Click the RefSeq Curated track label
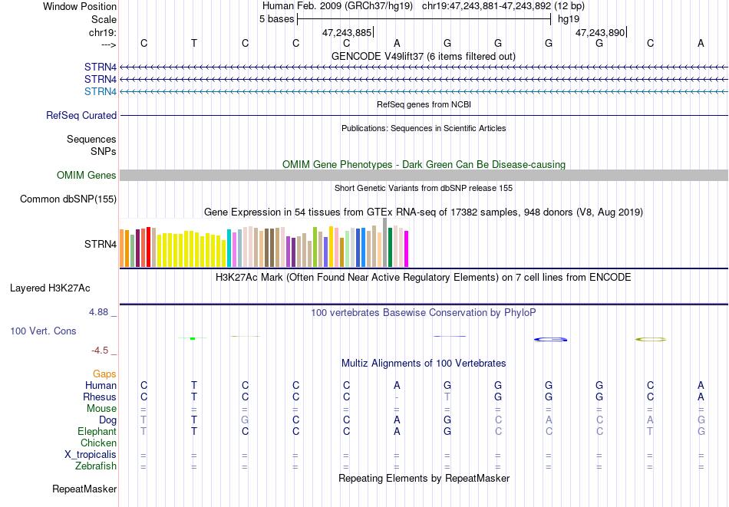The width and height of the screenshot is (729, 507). (81, 115)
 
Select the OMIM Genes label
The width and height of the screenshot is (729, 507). (87, 175)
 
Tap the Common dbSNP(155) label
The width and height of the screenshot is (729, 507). (68, 199)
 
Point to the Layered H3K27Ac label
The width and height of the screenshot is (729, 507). (50, 288)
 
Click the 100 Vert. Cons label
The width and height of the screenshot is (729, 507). (43, 331)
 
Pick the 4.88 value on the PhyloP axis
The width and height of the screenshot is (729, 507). (99, 312)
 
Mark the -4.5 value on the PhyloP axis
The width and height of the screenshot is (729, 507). (100, 351)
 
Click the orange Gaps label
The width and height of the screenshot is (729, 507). (104, 374)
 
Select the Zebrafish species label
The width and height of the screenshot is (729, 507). (96, 466)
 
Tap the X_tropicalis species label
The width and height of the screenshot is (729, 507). (91, 455)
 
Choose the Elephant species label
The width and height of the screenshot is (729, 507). (97, 431)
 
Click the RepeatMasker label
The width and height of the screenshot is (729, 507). (84, 489)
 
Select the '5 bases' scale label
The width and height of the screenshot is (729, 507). (276, 19)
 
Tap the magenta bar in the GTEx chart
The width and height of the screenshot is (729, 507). (407, 249)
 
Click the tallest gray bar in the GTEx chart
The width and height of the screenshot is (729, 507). (385, 242)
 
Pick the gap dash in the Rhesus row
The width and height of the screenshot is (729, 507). (397, 397)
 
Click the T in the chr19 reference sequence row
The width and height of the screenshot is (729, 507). (194, 43)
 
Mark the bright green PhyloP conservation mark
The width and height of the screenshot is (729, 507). (193, 338)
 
